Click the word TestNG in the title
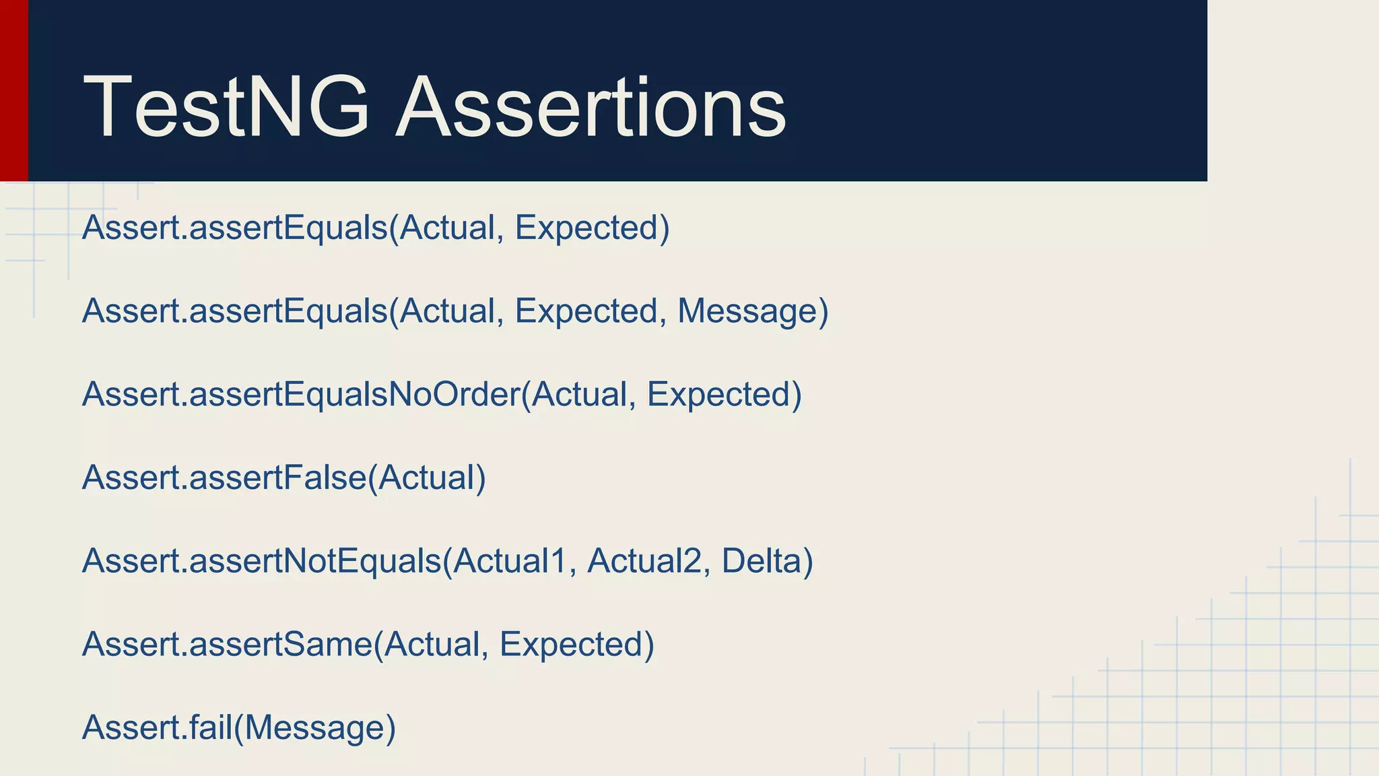[x=226, y=108]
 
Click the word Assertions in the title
[x=591, y=108]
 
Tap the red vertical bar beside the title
[x=13, y=90]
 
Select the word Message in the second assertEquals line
[x=747, y=311]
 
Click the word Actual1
[x=510, y=561]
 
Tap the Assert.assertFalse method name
[x=224, y=478]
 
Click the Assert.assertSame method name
[x=227, y=644]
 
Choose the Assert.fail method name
[x=157, y=727]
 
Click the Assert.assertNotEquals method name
[x=261, y=561]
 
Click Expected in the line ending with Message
[x=586, y=311]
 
